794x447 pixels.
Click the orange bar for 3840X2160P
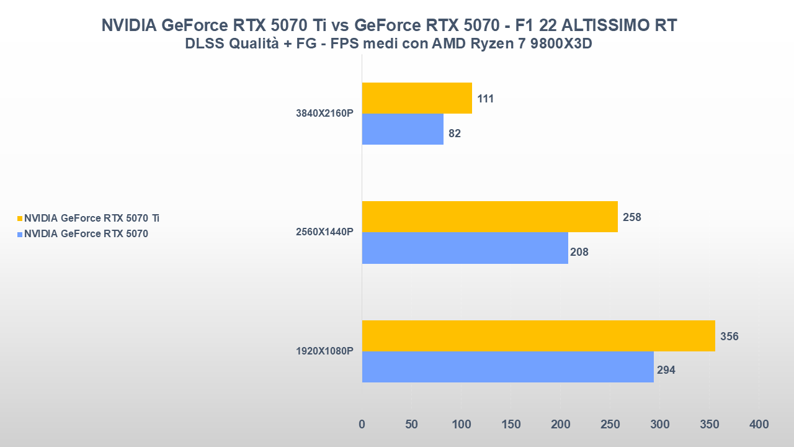(417, 98)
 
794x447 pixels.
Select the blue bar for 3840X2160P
(403, 129)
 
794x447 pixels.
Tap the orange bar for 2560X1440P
(489, 217)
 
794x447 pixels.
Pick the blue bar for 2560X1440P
(465, 248)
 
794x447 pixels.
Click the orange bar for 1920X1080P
(538, 336)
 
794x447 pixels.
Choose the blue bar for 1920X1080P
(507, 367)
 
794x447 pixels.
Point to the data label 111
(486, 99)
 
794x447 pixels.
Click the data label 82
(455, 133)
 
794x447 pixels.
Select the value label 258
(631, 217)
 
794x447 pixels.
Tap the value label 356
(729, 336)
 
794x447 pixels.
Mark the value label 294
(666, 370)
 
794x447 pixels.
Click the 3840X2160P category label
(324, 114)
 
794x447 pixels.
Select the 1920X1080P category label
(324, 351)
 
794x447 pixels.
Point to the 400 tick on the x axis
(759, 425)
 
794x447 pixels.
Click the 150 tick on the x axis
(511, 425)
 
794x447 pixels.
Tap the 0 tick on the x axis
(362, 425)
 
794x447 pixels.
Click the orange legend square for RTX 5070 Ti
(19, 219)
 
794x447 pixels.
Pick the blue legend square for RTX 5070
(19, 235)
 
